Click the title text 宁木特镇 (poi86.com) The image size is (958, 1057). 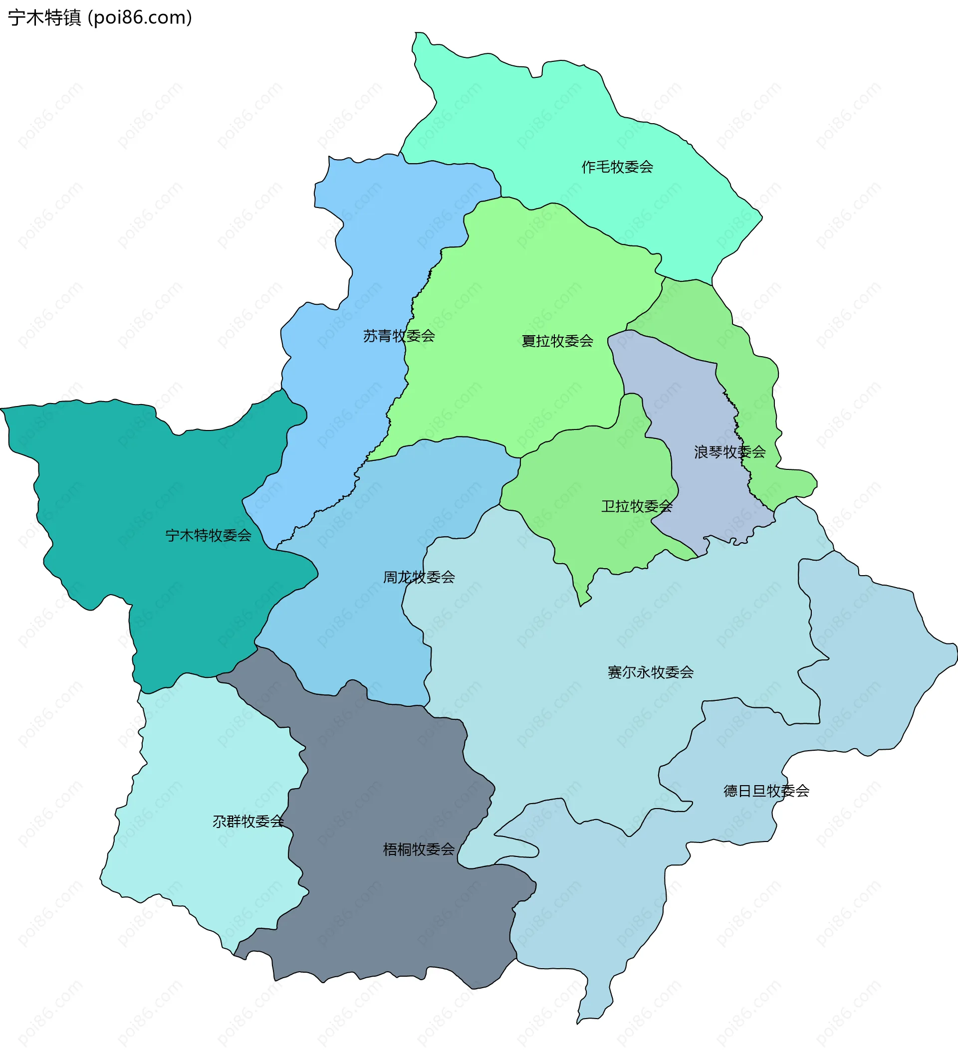coord(100,18)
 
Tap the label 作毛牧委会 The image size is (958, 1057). coord(617,167)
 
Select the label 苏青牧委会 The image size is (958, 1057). coord(399,336)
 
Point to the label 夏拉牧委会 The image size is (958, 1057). coord(557,341)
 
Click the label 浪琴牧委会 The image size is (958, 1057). coord(729,452)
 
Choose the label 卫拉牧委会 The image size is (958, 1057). coord(636,506)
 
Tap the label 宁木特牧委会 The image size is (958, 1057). coord(208,535)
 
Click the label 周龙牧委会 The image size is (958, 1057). coord(419,577)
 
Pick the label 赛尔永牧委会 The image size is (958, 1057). coord(650,672)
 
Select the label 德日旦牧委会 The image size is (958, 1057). coord(766,791)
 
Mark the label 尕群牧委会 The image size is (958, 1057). coord(248,821)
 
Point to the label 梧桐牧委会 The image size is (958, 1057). coord(419,849)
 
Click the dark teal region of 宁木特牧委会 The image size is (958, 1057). coord(131,482)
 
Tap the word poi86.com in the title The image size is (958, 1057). coord(140,18)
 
